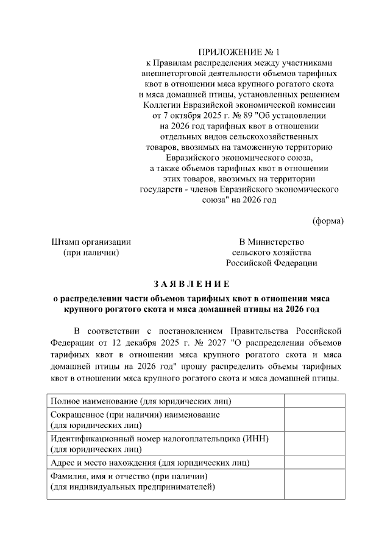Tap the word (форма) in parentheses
point(328,220)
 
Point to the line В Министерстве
point(271,242)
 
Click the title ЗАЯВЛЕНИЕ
point(192,284)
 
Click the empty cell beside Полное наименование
point(314,401)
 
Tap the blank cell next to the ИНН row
point(314,444)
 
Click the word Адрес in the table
point(63,463)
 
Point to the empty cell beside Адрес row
point(314,463)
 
